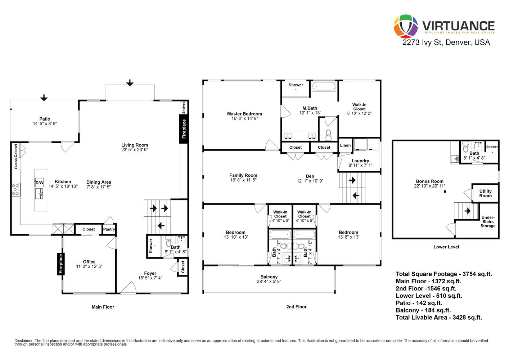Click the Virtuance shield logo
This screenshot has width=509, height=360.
tap(406, 26)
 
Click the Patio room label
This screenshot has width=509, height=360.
tap(45, 119)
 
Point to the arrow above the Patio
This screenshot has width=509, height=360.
tap(44, 98)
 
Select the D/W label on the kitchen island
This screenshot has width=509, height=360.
tap(39, 183)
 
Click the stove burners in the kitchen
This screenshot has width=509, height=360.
tap(15, 190)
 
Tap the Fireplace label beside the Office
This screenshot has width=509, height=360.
tap(61, 264)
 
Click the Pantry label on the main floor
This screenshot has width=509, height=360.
tap(109, 229)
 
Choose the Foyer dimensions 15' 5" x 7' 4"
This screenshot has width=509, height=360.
tap(150, 278)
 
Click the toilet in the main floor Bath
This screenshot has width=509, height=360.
tap(168, 241)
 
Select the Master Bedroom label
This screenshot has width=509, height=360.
tap(244, 114)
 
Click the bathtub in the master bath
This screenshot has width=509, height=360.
tap(324, 87)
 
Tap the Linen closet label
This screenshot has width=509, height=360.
tap(346, 145)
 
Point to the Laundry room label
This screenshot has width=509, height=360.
tap(360, 161)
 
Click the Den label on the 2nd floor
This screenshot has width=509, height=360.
tap(310, 176)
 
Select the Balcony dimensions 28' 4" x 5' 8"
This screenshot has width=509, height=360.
tap(269, 282)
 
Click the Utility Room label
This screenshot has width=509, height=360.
tap(486, 193)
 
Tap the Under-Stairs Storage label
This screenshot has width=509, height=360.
tap(488, 222)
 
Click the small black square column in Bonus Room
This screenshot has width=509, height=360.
tap(445, 192)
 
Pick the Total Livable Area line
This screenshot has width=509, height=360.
tap(439, 318)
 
